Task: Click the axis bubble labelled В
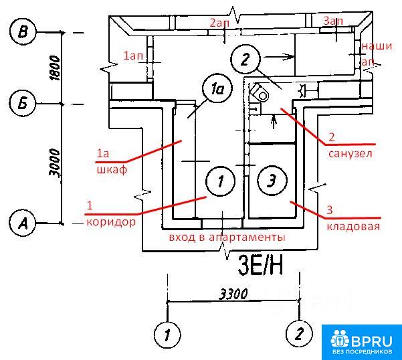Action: click(24, 31)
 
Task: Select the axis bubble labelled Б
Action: click(24, 104)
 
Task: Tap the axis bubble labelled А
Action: click(24, 222)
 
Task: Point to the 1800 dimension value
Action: click(56, 68)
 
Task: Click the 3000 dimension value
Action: click(56, 163)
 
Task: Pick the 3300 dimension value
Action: click(233, 294)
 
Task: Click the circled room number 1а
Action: click(215, 89)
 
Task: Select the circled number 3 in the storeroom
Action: click(271, 180)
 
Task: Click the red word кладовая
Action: click(353, 226)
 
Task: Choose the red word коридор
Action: click(111, 221)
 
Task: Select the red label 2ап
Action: click(221, 23)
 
